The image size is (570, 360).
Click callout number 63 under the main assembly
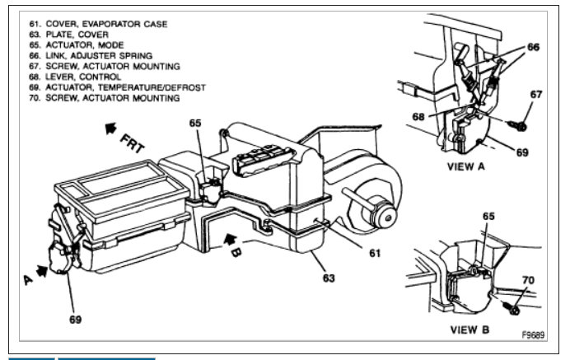329,278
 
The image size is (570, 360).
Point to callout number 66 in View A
534,48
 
